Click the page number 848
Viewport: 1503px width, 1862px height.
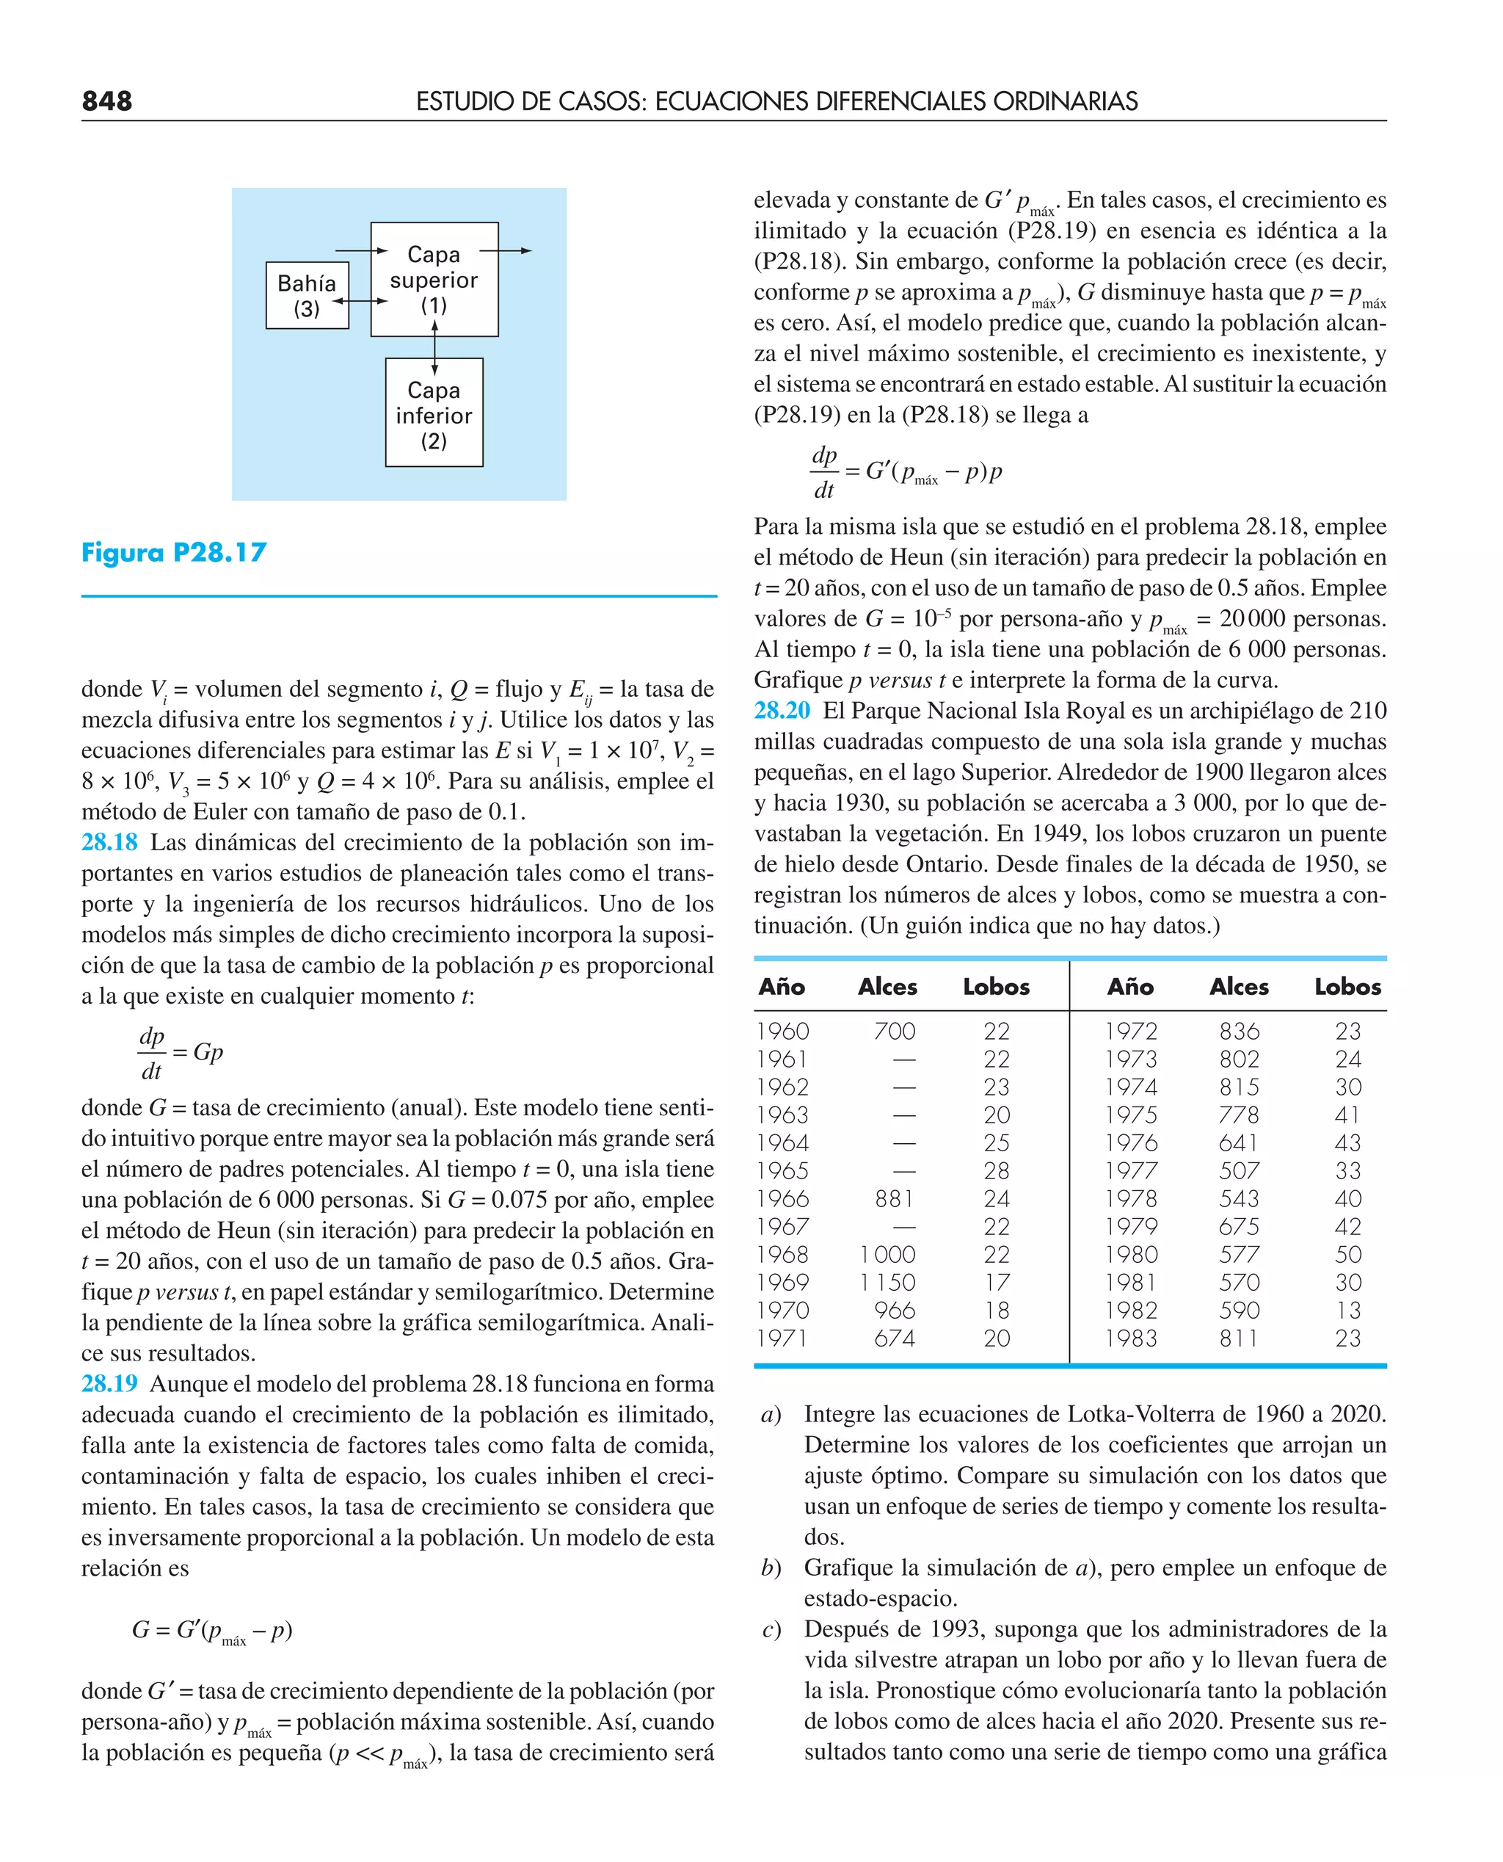106,101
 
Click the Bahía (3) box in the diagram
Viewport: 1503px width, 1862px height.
307,295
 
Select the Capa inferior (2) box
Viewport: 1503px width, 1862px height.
434,413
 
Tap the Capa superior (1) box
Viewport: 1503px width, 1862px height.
434,279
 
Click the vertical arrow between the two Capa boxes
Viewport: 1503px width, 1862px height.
434,347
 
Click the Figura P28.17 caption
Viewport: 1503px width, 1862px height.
174,553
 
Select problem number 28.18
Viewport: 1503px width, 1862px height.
109,843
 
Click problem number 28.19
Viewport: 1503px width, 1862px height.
109,1384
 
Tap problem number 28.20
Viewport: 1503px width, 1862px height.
782,711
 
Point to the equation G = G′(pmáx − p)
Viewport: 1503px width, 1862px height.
212,1631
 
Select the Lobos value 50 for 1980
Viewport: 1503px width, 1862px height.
1347,1255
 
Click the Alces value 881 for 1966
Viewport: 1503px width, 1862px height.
893,1198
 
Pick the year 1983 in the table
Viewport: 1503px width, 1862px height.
1130,1339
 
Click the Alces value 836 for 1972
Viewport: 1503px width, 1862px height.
1239,1032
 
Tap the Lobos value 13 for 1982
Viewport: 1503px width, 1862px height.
1347,1311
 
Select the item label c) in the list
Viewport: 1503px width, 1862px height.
771,1630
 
